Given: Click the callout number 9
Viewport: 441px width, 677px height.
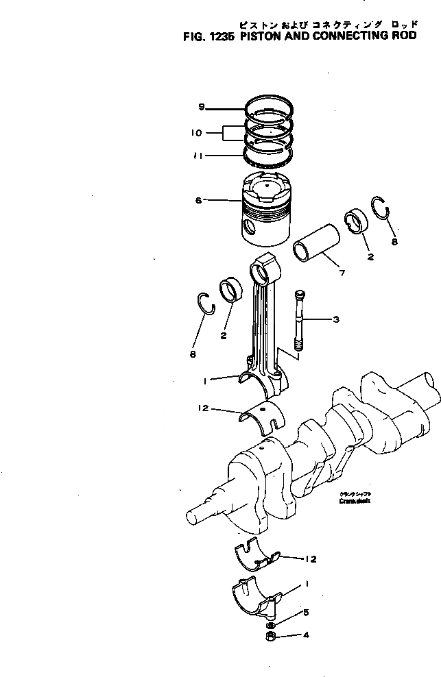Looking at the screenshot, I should click(202, 107).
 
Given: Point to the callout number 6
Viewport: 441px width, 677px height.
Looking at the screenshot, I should click(198, 200).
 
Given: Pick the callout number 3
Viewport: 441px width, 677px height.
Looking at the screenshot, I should click(335, 319).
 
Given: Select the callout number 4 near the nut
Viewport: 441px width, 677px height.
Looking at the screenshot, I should click(306, 635).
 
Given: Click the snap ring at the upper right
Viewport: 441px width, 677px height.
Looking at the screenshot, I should click(381, 210).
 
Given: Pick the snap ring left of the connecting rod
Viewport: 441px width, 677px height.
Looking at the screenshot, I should click(206, 303).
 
